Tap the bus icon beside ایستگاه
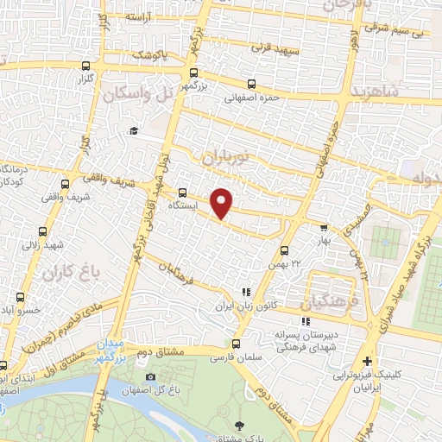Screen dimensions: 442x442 tap(182, 193)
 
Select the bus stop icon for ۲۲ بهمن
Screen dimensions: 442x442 tap(285, 250)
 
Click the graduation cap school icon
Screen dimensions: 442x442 tap(134, 130)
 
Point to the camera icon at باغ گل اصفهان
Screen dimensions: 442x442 tap(151, 376)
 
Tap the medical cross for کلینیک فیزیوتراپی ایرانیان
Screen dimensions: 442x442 tap(369, 362)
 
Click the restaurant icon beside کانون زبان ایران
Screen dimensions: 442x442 tap(245, 293)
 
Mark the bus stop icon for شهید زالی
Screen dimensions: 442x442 tap(42, 231)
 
